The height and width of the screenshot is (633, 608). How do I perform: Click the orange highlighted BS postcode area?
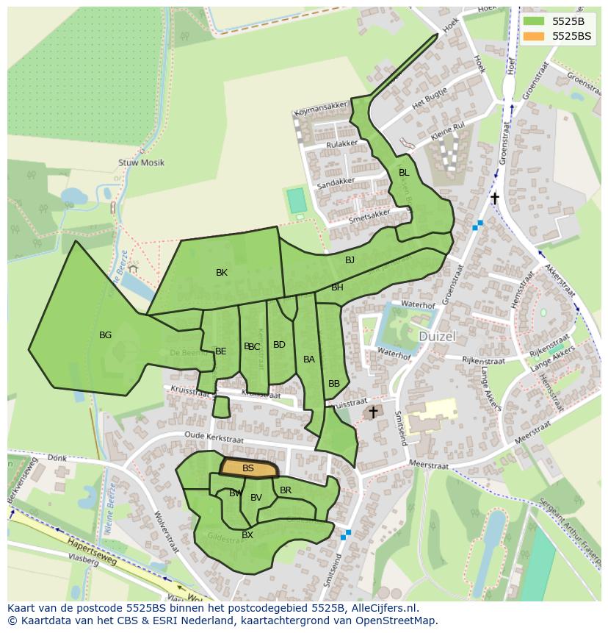pos(250,468)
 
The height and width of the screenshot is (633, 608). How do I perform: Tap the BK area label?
pos(222,273)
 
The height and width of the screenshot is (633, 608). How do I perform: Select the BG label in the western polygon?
pos(106,335)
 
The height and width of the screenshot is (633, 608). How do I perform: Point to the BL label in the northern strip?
pos(403,173)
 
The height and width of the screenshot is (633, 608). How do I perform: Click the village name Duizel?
pos(438,336)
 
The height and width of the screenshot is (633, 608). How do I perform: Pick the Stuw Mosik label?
pos(141,162)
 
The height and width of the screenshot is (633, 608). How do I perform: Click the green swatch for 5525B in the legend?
pos(534,21)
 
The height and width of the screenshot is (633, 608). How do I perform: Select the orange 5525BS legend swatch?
pos(534,36)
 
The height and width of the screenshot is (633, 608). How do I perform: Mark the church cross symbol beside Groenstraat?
pos(495,199)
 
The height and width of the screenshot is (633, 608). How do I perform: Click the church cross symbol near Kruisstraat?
pos(373,412)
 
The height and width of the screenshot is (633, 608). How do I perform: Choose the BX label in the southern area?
pos(247,535)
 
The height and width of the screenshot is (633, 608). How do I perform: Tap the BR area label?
pos(286,490)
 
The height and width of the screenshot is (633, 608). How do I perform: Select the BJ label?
pos(350,260)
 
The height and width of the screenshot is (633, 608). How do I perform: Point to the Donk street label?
pos(57,458)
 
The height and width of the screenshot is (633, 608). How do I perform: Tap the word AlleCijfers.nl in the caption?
pos(384,608)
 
